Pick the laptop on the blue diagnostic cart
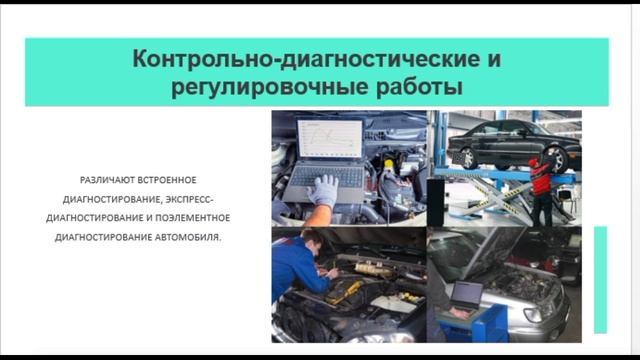[x=469, y=294]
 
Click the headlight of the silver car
[x=541, y=309]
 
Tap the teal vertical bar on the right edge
[x=600, y=279]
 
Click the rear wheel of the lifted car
[x=557, y=158]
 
